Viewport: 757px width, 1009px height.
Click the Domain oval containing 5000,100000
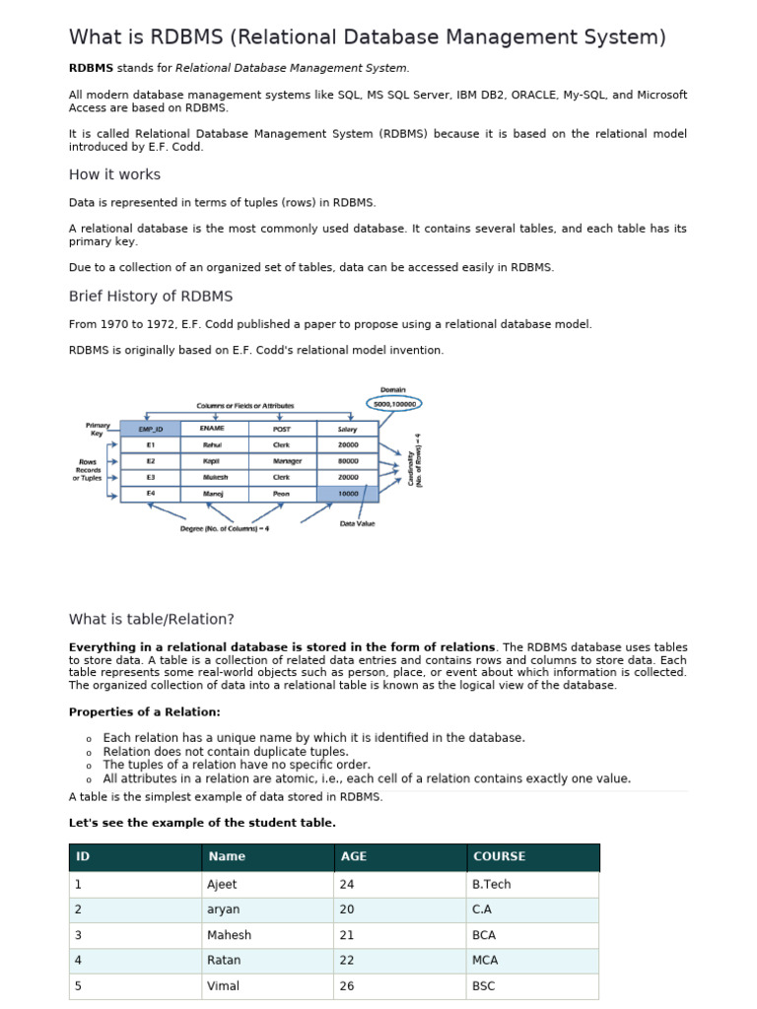tap(395, 403)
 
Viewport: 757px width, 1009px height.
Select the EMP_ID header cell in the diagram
tap(150, 429)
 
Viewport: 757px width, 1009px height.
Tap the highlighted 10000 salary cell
tap(348, 493)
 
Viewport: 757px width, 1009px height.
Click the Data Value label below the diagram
tap(357, 523)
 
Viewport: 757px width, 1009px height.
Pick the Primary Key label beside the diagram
tap(98, 429)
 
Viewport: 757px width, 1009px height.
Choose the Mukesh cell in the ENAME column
tap(213, 477)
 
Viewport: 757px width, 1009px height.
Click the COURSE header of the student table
tap(499, 857)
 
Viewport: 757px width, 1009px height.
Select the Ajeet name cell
tap(222, 885)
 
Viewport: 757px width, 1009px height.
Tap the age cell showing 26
tap(347, 985)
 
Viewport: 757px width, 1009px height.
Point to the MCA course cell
tap(486, 960)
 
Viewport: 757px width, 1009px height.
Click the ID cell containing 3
tap(78, 935)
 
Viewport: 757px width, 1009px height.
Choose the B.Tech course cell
tap(492, 885)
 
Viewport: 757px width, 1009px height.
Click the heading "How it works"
tap(114, 174)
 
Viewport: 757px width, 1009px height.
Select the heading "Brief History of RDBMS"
tap(151, 297)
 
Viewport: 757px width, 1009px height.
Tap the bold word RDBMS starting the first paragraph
tap(91, 68)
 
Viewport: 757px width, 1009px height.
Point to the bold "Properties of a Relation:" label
tap(144, 712)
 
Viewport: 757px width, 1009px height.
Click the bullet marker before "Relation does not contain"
tap(89, 753)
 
